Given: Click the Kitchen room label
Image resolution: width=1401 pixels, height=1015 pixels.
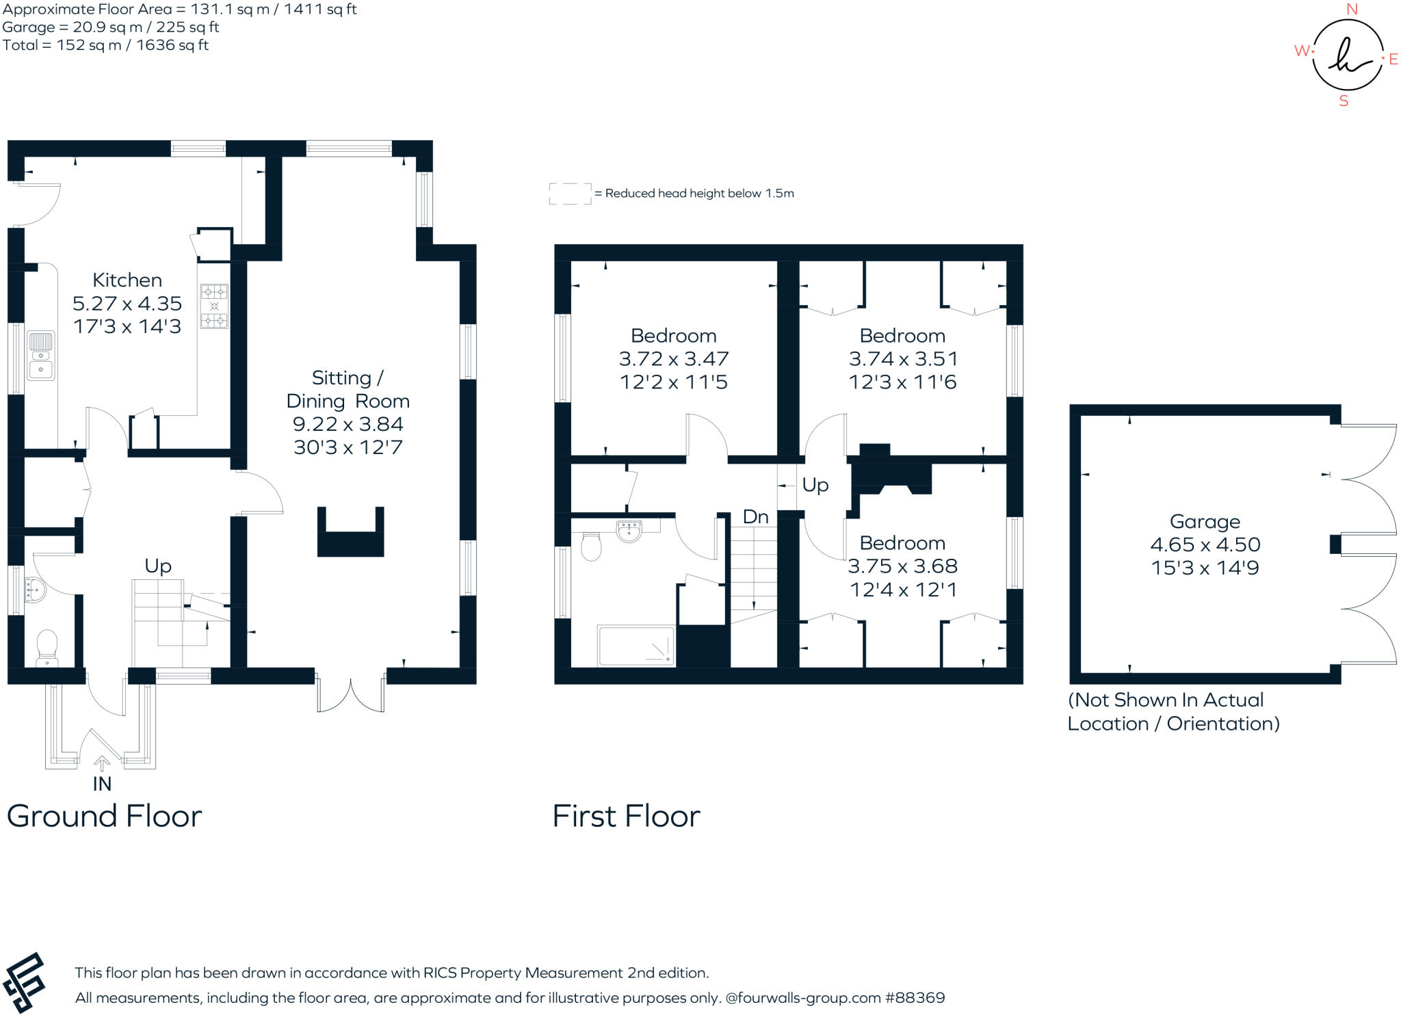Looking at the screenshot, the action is tap(127, 280).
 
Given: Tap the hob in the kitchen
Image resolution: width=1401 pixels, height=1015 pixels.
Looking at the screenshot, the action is tap(214, 306).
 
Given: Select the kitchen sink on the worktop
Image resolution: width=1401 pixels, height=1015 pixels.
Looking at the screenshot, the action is tap(41, 356).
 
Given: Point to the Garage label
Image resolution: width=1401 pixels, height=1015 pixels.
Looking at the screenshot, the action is tap(1205, 522).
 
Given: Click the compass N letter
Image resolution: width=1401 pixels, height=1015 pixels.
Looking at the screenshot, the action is tap(1352, 10).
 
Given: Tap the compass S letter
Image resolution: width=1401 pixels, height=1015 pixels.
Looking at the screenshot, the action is tap(1344, 101).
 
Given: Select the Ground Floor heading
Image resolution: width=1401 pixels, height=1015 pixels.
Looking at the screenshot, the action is tap(104, 816).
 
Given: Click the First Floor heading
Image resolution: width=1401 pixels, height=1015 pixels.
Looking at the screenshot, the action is tap(626, 816).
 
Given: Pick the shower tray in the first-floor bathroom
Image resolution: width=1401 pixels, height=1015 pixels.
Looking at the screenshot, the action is tap(636, 646).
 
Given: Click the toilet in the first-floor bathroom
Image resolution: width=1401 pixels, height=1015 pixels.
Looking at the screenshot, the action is tap(591, 547).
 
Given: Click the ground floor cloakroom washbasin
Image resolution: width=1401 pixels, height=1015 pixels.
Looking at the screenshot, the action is tap(34, 590).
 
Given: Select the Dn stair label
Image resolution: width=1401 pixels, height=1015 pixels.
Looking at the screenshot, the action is tap(755, 517).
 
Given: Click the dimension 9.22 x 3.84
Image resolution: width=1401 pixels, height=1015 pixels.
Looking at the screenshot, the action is tap(348, 424).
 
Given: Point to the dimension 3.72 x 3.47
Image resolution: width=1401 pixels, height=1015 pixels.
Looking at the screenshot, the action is tap(674, 359).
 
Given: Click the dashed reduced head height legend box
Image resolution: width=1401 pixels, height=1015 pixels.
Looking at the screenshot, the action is tap(570, 194).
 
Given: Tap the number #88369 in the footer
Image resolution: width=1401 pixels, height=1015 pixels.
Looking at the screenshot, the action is tap(915, 998).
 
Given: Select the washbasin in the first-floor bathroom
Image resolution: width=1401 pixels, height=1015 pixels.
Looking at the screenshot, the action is tap(629, 531).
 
